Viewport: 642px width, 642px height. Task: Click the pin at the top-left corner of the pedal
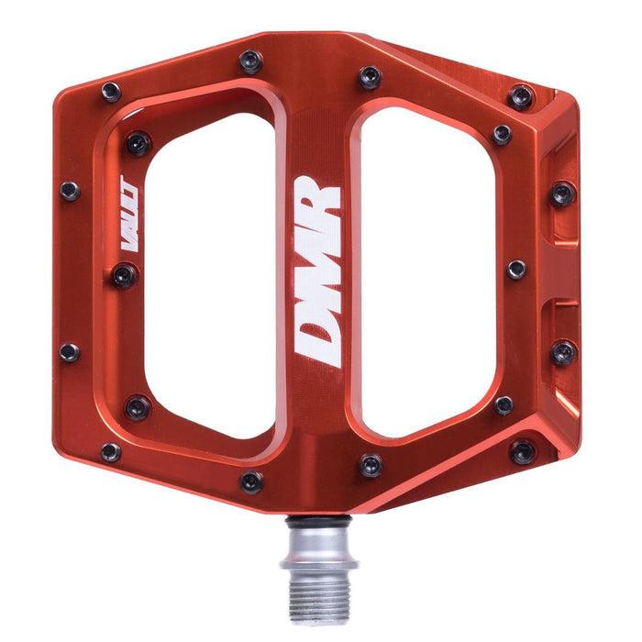pos(111,92)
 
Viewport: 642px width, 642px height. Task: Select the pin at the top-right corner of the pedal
pos(522,95)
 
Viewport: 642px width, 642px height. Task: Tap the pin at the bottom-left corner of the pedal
pos(111,451)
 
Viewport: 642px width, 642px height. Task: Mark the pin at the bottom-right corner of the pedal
pos(523,450)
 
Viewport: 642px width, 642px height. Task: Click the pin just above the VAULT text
pos(138,143)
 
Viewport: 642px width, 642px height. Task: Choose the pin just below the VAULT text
pos(125,274)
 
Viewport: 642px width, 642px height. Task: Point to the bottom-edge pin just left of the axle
pos(251,481)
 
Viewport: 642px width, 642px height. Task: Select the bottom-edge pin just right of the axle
pos(371,464)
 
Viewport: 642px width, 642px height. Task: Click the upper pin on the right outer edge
pos(562,194)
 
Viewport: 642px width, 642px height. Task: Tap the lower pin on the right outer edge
pos(563,352)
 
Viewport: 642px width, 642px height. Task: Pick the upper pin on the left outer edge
pos(70,191)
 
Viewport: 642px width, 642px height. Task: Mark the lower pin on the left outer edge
pos(70,352)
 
